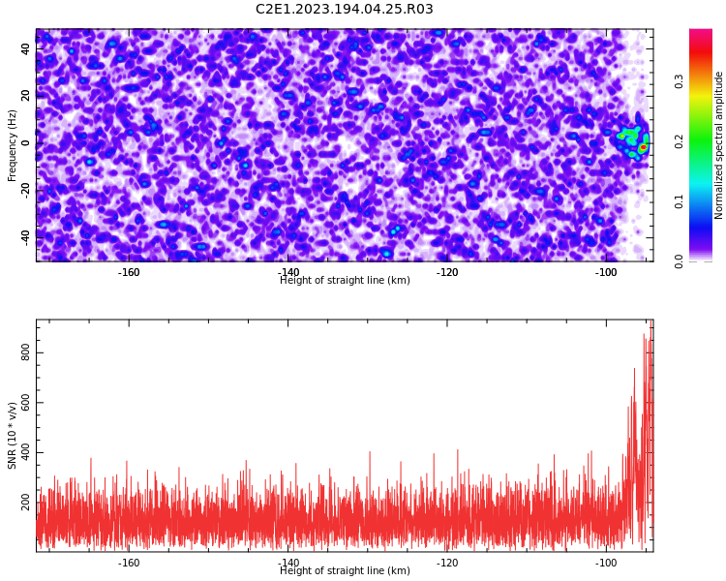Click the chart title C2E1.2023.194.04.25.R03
point(344,9)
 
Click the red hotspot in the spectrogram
point(643,147)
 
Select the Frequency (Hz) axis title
point(12,145)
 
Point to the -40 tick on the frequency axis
point(25,237)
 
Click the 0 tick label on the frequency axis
point(25,143)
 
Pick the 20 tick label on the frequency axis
point(25,96)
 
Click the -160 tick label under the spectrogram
point(129,272)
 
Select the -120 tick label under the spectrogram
point(447,272)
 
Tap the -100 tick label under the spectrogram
point(606,272)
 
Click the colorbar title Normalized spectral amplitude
point(718,145)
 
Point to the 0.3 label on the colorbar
point(679,82)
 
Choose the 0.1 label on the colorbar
point(679,201)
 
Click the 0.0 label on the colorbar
point(679,261)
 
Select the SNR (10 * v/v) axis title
point(12,436)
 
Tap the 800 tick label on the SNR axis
point(25,353)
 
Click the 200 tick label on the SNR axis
point(25,503)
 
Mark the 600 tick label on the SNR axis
point(25,403)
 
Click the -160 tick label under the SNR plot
point(129,563)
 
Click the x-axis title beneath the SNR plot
point(345,570)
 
